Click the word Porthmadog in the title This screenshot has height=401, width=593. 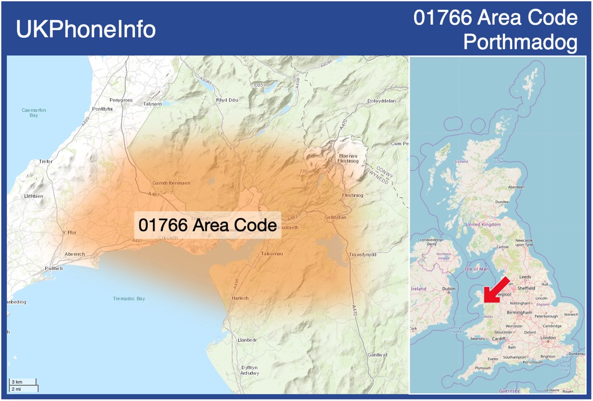[520, 42]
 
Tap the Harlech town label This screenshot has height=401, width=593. [240, 298]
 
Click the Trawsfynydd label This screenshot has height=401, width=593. [362, 254]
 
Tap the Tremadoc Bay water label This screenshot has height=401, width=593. [129, 298]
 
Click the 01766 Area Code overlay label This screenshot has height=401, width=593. [208, 225]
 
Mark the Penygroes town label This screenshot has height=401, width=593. [121, 100]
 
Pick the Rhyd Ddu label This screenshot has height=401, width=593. [227, 100]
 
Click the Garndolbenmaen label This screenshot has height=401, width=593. [172, 183]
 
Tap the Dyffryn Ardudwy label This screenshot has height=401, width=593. [250, 370]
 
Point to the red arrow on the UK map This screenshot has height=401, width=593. [495, 291]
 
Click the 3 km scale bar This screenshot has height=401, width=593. [23, 382]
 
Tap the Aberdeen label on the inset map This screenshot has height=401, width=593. [516, 187]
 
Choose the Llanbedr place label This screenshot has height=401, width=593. [247, 340]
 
